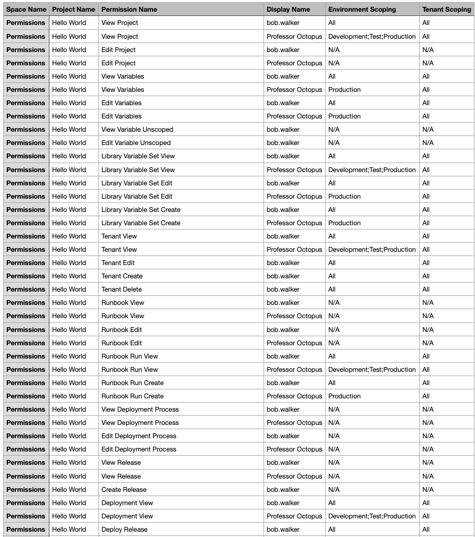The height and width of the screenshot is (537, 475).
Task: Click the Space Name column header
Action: point(26,10)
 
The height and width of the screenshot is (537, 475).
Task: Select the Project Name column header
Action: point(73,10)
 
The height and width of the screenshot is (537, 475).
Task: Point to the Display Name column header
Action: point(288,10)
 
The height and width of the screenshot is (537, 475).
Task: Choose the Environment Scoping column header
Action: point(362,10)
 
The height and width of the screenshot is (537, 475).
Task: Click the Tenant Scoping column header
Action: point(446,10)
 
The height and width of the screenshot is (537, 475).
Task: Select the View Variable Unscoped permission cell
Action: point(137,130)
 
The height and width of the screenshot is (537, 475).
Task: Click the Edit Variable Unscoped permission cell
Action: point(136,143)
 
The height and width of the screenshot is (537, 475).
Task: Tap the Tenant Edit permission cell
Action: point(118,263)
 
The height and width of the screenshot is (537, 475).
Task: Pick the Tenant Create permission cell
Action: point(122,276)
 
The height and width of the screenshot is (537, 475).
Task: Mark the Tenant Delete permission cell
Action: point(122,289)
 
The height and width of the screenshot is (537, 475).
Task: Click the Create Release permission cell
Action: point(124,490)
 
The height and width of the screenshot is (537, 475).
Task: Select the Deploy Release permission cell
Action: point(124,530)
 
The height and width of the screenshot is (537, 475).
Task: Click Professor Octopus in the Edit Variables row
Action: point(294,116)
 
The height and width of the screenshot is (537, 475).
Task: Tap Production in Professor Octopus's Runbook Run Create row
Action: point(344,396)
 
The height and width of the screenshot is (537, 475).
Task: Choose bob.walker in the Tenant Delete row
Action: point(283,289)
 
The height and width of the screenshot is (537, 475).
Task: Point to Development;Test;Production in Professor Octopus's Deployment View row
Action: point(372,516)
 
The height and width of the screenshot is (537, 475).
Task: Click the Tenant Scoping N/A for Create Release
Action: point(428,490)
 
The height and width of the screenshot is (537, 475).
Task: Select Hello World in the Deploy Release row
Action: point(69,530)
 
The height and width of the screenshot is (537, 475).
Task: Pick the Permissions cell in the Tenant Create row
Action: point(26,276)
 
